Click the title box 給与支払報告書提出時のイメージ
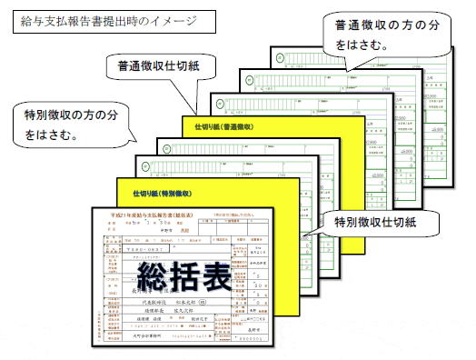click(x=104, y=19)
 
